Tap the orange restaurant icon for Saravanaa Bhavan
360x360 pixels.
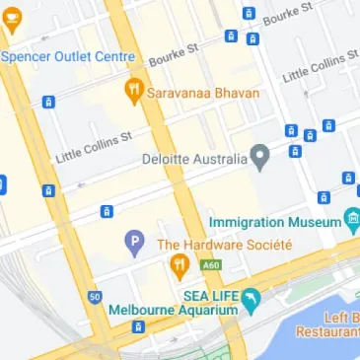coord(134,92)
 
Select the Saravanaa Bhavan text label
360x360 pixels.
coord(203,92)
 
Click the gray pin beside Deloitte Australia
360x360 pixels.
coord(259,155)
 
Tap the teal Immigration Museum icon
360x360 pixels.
coord(352,219)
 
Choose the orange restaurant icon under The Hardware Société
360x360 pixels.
coord(180,264)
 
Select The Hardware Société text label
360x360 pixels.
coord(224,244)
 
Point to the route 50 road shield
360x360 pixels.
coord(95,296)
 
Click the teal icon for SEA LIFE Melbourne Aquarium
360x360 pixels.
coord(252,296)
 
